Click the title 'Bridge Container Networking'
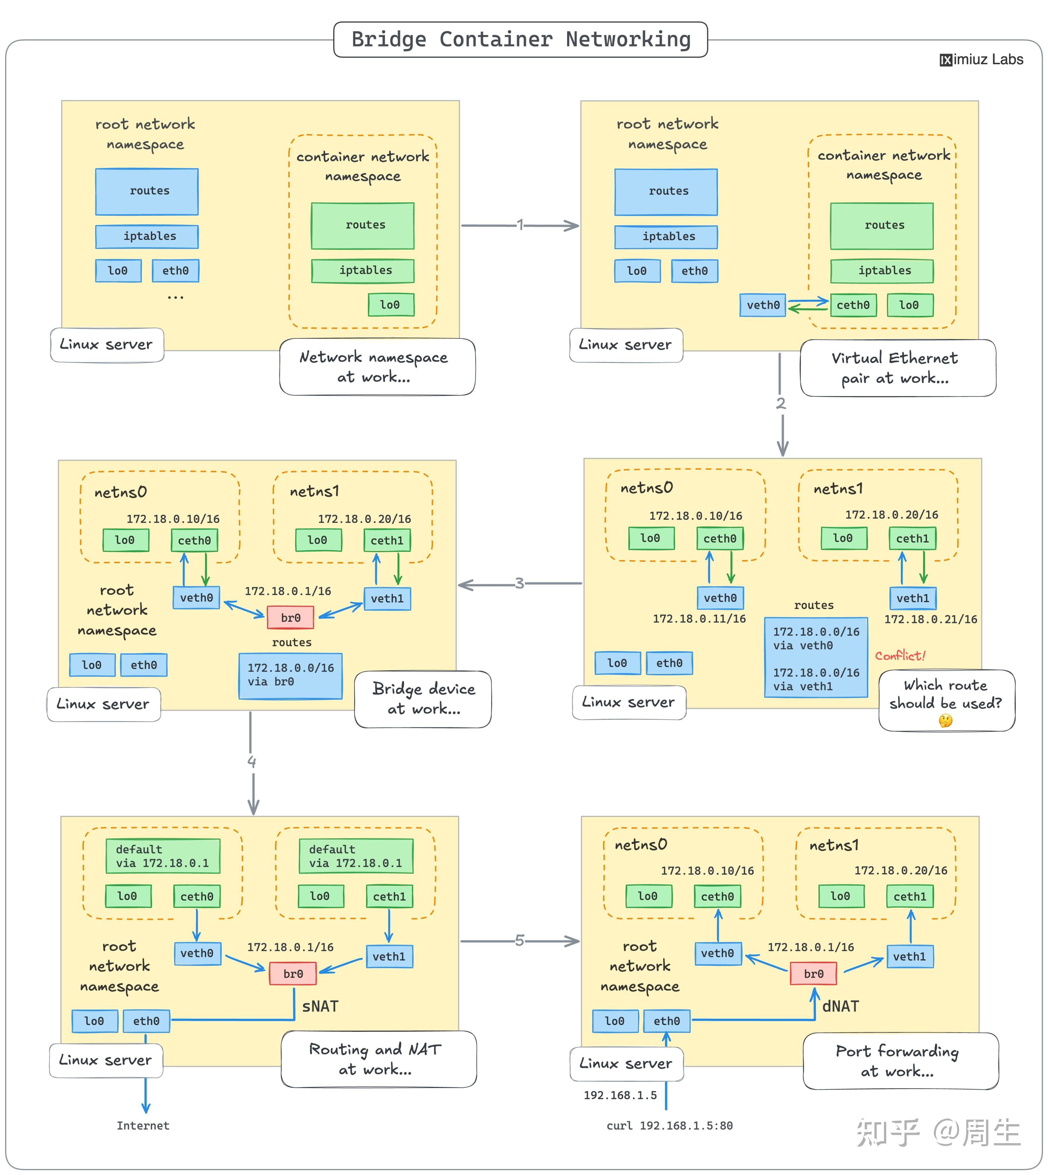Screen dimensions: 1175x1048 coord(521,39)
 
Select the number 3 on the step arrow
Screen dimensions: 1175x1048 coord(519,583)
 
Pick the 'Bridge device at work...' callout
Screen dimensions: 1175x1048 coord(423,699)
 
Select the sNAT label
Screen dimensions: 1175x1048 coord(320,1007)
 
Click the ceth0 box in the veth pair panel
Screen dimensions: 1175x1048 coord(853,305)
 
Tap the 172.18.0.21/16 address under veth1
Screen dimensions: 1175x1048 coord(930,619)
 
